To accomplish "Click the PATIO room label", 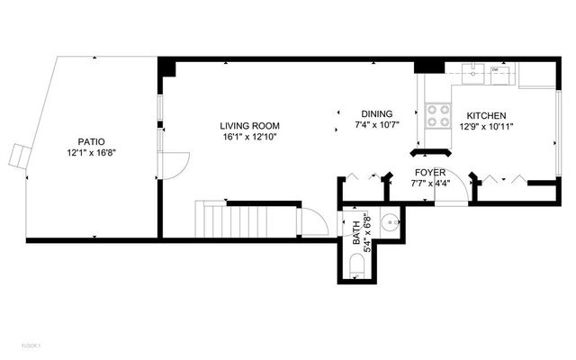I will [91, 141].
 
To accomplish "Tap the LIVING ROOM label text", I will [250, 126].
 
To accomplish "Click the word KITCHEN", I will [486, 116].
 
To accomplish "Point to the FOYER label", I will [429, 172].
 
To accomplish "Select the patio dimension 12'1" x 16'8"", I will [91, 153].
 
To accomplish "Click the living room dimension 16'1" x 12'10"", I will [250, 138].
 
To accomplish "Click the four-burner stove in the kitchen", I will [438, 115].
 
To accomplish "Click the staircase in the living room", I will [243, 219].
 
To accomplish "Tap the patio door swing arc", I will [174, 165].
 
